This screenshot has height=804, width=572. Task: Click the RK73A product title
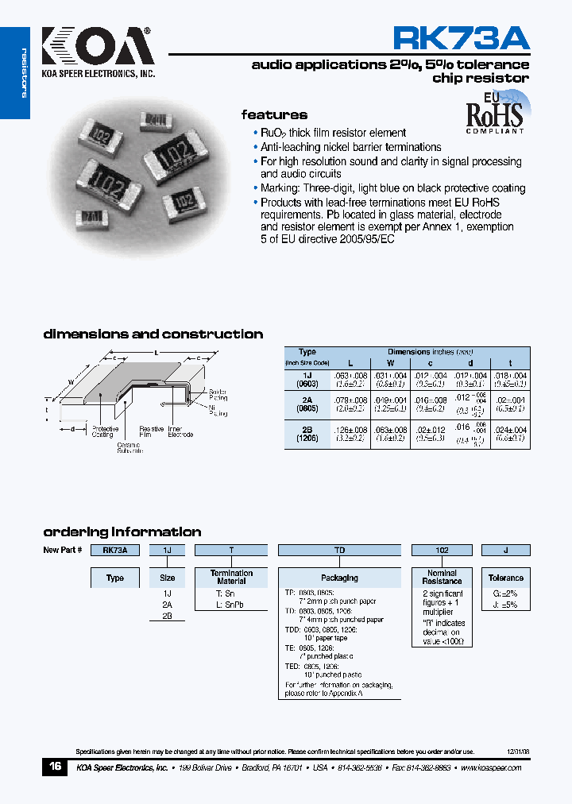(461, 38)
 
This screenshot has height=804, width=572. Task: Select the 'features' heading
(274, 115)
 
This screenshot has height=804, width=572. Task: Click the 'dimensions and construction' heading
(153, 334)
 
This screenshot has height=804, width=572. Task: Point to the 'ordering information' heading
(122, 532)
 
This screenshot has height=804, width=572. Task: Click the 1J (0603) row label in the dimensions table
(307, 379)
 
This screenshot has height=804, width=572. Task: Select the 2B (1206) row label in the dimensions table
(307, 434)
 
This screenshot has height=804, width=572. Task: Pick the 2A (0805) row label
(307, 406)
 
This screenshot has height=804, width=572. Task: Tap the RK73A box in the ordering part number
(115, 550)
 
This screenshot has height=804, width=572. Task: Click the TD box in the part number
(339, 550)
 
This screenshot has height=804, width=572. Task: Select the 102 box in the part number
(442, 550)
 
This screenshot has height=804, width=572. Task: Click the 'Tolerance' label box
(506, 578)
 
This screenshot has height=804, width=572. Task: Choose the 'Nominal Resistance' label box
(442, 577)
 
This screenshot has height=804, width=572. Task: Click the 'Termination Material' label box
(231, 577)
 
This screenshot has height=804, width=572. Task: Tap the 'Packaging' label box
(339, 578)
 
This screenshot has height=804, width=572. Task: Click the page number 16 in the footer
(55, 767)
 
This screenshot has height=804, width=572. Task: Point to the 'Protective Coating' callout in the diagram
(102, 431)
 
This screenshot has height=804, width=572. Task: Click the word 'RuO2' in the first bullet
(274, 133)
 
